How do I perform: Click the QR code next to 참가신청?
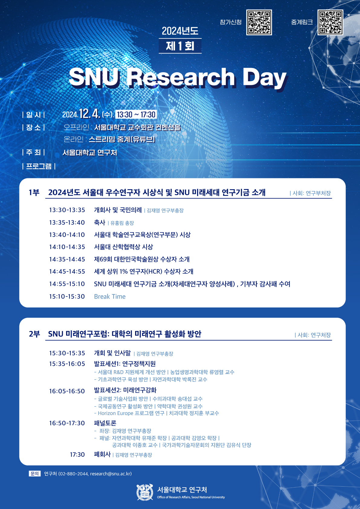259,22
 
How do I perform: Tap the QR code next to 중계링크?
330,22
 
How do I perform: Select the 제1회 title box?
180,46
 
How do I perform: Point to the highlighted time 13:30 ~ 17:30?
136,115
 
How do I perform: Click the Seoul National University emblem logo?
145,492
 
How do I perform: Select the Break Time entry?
110,297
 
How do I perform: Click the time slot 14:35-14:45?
67,259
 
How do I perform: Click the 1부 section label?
34,193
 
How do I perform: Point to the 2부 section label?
34,334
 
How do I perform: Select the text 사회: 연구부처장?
312,193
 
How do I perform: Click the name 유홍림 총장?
122,223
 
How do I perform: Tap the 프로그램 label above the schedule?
39,166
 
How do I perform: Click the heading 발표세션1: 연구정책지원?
125,364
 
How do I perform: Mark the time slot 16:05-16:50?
67,391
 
